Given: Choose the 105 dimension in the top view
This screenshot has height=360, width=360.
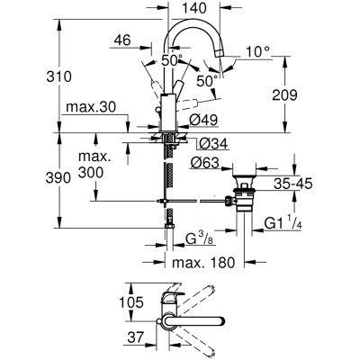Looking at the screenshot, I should click(132, 304).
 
